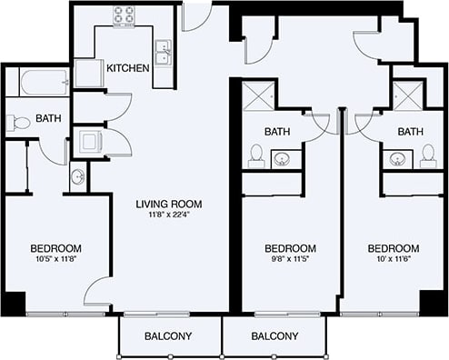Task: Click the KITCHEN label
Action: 127,68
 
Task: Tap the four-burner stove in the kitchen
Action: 125,15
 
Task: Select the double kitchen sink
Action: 164,55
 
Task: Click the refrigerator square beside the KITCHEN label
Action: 88,73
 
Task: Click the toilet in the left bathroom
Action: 16,125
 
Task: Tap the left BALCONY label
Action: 168,336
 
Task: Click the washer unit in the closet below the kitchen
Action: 89,141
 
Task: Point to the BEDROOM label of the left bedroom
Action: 56,248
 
